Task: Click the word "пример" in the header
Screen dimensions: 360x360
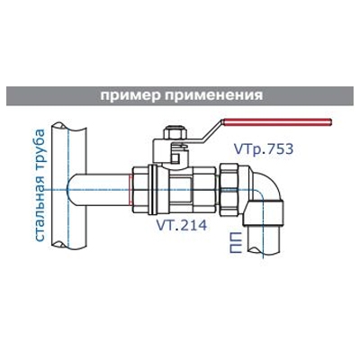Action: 130,96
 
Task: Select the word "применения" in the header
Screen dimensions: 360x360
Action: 214,96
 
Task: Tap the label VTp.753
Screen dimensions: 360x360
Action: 263,149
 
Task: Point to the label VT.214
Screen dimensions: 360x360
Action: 182,225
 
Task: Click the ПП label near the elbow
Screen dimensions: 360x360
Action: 236,242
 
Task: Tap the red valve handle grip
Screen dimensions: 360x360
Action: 276,122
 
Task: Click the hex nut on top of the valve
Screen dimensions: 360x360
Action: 175,133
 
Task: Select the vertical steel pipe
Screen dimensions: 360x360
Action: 69,185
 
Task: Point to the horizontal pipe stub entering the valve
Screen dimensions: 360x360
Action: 99,190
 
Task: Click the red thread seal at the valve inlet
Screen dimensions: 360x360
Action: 130,190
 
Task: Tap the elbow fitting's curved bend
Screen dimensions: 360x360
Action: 265,187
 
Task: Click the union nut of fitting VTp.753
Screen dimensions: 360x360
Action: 229,190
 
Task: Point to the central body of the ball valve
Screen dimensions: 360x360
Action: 181,190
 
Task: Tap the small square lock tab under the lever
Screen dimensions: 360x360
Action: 177,157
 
